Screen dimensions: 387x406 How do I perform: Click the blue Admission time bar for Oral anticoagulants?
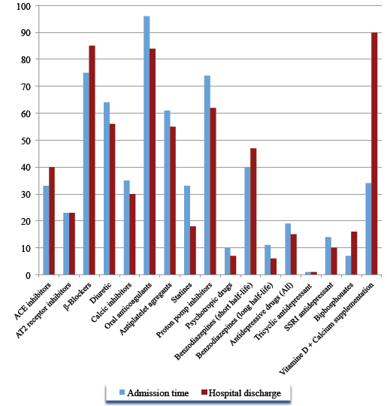coord(147,145)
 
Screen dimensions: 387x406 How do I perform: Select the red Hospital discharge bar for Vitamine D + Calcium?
coord(374,153)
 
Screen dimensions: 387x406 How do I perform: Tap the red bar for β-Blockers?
coord(92,160)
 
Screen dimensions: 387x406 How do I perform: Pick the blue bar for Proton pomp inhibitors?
coord(207,175)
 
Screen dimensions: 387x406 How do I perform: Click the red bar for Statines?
coord(193,250)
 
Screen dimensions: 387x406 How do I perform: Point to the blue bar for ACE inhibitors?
coord(46,230)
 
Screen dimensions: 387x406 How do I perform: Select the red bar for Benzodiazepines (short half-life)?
coord(253,211)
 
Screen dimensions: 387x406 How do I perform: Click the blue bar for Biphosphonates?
coord(348,265)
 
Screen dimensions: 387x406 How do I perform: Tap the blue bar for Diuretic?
coord(107,189)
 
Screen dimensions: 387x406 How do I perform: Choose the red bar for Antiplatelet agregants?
coord(173,201)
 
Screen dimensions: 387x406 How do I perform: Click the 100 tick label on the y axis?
coord(23,6)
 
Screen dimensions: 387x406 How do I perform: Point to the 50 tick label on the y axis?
coord(26,141)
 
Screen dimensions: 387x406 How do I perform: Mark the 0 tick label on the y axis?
coord(29,275)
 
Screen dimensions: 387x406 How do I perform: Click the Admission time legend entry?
coord(154,393)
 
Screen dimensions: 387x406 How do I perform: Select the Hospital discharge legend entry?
coord(241,393)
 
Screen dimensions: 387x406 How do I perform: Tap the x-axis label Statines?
coord(182,292)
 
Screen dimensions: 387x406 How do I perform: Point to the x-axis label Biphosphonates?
coord(334,301)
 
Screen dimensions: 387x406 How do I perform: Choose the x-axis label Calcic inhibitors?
coord(111,301)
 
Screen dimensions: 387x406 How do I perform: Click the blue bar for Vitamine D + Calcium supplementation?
coord(368,229)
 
